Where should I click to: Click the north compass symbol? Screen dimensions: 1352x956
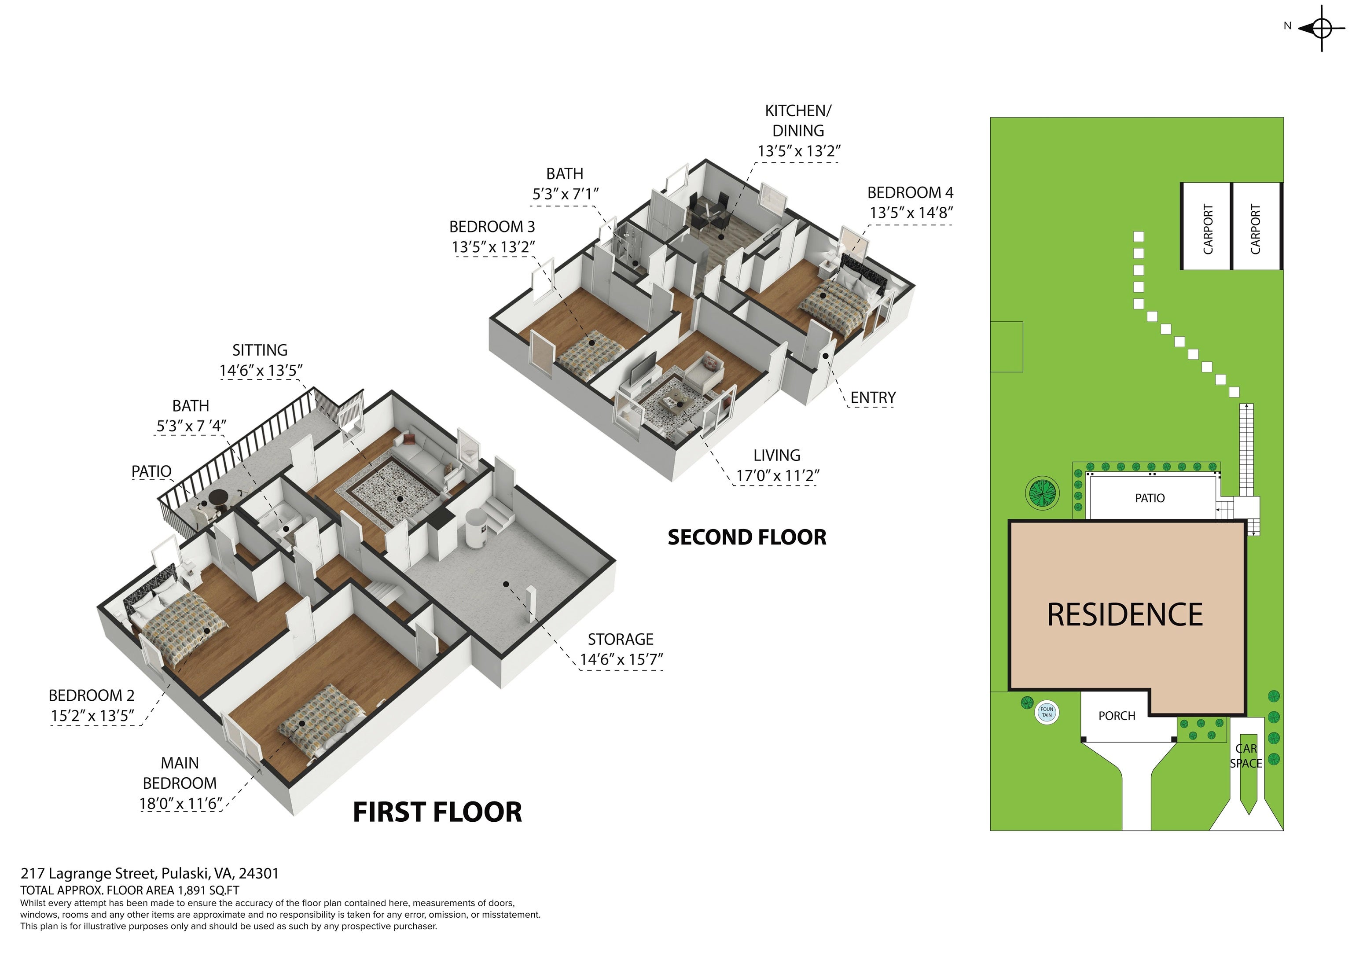(1321, 28)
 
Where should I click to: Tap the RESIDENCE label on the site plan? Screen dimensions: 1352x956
(1125, 615)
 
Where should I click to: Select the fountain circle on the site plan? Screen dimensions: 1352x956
(1047, 712)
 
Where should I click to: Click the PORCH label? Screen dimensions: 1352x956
(1117, 716)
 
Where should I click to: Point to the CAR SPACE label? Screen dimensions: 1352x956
(1246, 756)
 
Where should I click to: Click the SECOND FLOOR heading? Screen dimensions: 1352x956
(747, 537)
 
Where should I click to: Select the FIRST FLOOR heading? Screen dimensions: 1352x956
(437, 812)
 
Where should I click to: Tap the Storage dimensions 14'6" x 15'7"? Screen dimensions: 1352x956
(621, 660)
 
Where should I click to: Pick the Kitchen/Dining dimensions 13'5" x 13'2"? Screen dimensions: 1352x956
(798, 151)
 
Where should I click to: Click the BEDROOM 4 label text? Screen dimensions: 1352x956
(910, 193)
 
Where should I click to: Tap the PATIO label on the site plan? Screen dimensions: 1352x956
(1150, 498)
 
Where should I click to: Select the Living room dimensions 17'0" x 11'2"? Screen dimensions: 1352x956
(777, 476)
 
